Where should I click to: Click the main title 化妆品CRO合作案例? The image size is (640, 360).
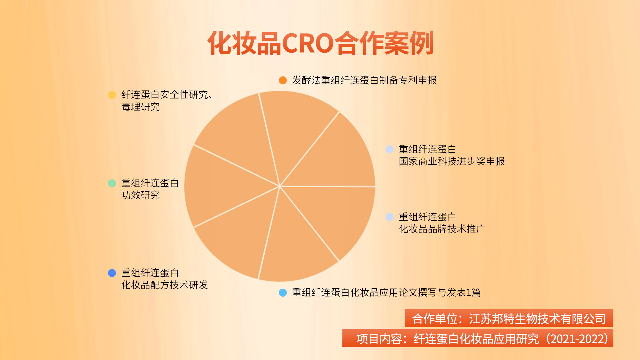320,43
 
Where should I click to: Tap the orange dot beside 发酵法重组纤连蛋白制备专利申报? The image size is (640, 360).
283,80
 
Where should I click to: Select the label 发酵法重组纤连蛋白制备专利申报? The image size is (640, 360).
364,80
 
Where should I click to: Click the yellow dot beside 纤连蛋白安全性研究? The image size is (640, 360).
112,95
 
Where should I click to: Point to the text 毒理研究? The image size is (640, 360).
140,107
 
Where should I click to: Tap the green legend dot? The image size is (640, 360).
112,183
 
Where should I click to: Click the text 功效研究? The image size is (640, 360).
140,195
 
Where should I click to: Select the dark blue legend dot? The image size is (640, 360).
112,273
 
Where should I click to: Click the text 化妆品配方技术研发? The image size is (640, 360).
165,285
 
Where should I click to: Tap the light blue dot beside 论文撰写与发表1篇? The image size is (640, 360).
283,293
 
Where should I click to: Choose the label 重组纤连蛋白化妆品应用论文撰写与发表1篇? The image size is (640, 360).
386,293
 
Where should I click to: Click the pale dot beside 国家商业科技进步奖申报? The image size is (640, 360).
390,149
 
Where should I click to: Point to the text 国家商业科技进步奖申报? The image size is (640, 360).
452,161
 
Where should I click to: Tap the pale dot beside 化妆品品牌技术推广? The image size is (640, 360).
390,217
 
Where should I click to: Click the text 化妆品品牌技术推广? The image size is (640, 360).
442,229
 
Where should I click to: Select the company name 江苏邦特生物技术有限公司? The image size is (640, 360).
537,319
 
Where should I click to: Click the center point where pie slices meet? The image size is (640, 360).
280,186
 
